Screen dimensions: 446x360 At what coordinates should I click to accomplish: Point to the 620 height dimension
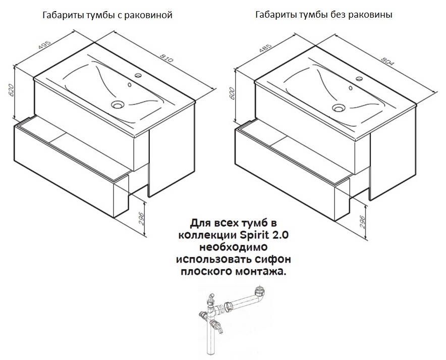pos(11,90)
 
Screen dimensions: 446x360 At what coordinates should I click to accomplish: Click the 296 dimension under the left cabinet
pos(141,219)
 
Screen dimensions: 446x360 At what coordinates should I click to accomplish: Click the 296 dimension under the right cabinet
pos(362,222)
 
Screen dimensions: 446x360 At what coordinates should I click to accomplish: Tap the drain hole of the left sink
pos(118,105)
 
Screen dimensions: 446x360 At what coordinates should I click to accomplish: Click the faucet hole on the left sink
pos(138,75)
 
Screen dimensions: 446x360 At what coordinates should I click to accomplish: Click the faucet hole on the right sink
pos(359,79)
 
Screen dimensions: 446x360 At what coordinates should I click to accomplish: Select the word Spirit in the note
pos(253,235)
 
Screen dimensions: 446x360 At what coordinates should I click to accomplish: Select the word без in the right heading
pos(338,15)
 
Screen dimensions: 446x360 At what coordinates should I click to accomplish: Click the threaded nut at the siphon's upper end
pos(260,291)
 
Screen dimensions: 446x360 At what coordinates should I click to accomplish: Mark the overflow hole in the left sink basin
pos(130,84)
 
